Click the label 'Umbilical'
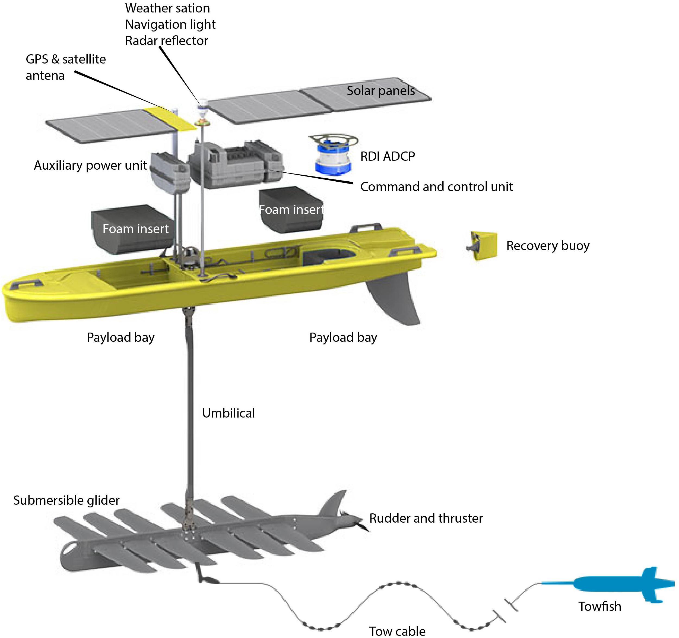[229, 413]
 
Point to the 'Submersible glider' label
[66, 500]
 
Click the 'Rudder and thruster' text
[426, 518]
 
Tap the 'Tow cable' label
[397, 631]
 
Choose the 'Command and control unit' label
[436, 187]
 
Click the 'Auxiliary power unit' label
[90, 165]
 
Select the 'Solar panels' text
[380, 91]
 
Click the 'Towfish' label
[599, 607]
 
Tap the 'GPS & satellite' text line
[66, 59]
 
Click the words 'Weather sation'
[167, 8]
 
